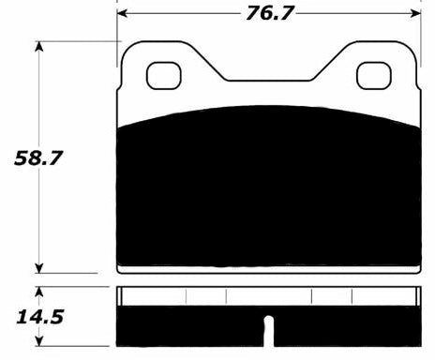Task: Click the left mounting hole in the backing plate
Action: point(166,72)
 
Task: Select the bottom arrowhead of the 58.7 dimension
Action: point(38,266)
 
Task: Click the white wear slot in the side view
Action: point(268,332)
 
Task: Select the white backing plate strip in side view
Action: point(268,296)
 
